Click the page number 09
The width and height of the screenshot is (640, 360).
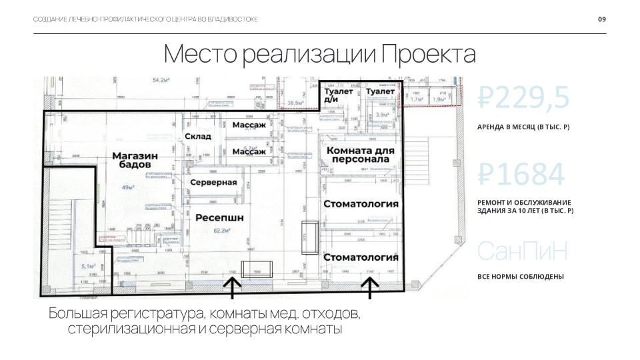(601, 19)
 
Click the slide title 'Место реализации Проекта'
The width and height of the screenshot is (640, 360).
(319, 54)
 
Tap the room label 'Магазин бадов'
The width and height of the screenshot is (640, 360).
(135, 160)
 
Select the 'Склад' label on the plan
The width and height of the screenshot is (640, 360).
(198, 136)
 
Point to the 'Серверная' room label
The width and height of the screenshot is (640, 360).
(214, 182)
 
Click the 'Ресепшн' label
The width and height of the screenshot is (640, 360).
(219, 217)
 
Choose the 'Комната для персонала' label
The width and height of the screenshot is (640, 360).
(361, 155)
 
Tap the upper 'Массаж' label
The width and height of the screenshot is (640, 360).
(249, 125)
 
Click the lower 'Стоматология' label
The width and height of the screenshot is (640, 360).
(361, 257)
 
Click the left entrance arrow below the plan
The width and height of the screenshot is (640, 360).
(231, 287)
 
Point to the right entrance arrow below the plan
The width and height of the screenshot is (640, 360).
(370, 287)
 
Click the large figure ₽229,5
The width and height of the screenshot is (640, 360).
(524, 98)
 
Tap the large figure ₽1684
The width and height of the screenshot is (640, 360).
(522, 175)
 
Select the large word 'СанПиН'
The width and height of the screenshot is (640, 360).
(523, 251)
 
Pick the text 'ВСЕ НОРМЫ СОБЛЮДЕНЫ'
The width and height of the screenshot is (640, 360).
(521, 277)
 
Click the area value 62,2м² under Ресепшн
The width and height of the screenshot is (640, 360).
(222, 230)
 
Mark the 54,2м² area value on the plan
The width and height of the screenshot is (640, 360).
(161, 80)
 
